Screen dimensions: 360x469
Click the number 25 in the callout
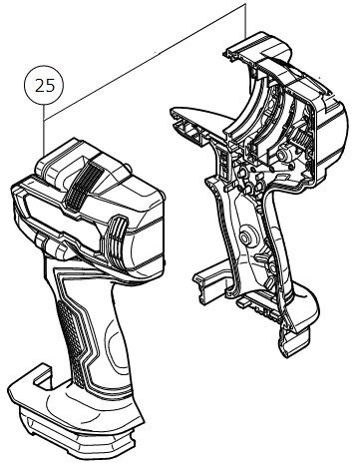coord(44,87)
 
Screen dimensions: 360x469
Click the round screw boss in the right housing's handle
coord(246,237)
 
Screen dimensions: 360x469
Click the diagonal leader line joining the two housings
coord(145,62)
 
